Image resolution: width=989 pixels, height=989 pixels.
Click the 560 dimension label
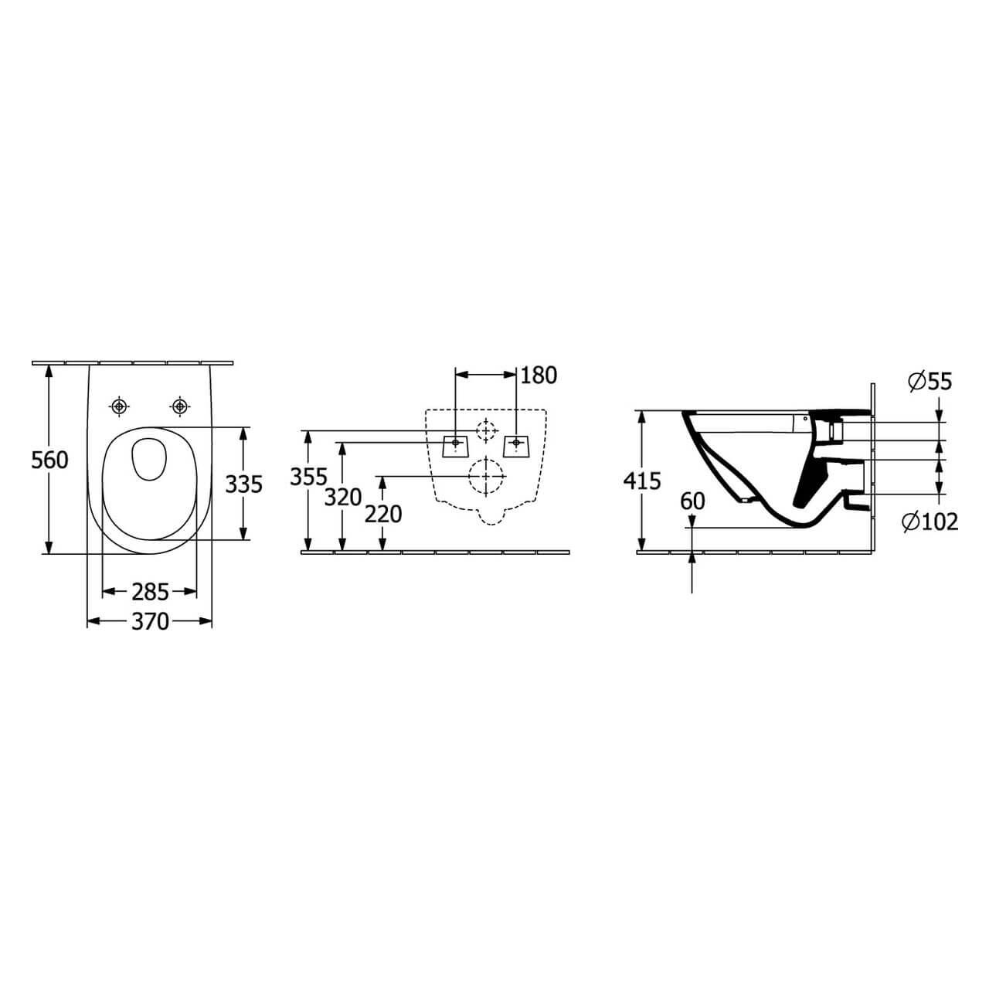(49, 460)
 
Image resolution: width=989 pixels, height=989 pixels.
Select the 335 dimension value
(243, 484)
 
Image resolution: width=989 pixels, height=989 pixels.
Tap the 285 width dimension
(150, 592)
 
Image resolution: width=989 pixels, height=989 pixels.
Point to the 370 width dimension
(150, 621)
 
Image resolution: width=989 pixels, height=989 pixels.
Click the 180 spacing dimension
(539, 376)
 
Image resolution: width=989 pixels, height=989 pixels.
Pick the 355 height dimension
(308, 478)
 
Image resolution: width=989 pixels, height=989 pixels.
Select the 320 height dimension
(342, 498)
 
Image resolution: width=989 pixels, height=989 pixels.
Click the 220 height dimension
(383, 513)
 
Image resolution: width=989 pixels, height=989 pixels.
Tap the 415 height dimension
(642, 481)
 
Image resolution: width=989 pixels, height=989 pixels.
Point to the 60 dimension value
(693, 501)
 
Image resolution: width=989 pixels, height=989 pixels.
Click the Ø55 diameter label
(930, 381)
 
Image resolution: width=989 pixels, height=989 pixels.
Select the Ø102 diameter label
(930, 522)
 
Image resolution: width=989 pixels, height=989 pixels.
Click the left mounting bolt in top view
(118, 406)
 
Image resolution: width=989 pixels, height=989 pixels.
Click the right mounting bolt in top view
(180, 406)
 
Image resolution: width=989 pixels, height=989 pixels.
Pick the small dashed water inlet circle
(485, 430)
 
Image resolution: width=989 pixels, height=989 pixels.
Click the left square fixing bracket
(454, 444)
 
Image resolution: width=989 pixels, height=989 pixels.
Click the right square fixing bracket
(515, 444)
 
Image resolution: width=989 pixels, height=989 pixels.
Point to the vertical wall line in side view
(872, 464)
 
